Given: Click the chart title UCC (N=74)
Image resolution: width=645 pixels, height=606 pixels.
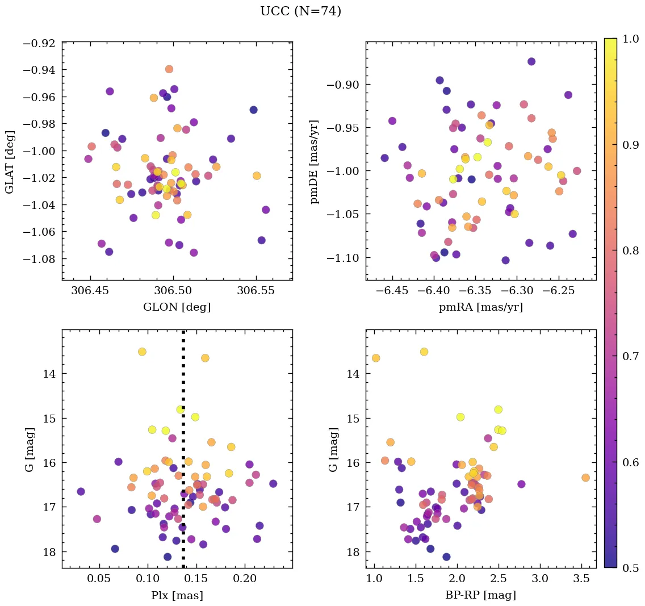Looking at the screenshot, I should coord(300,11).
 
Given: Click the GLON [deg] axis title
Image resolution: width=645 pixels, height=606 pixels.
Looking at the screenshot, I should coord(177,307).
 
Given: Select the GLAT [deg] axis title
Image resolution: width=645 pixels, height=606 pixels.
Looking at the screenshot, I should coord(10,162).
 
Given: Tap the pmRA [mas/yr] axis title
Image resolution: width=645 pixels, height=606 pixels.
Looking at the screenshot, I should coord(481,307).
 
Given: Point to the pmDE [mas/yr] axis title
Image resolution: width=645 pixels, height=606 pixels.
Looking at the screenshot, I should coord(314,162).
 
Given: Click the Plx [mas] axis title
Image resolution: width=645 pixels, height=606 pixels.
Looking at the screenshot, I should coord(177,595).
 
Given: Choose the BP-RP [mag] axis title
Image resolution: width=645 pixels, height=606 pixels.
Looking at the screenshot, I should coord(481,595).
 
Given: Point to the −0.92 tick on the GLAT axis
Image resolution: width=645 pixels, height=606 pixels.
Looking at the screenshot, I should coord(39,43).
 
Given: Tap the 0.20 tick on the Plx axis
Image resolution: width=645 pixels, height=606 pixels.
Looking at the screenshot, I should coord(245,579).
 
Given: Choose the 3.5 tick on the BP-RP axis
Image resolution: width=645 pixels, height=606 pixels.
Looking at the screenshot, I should coord(581,579).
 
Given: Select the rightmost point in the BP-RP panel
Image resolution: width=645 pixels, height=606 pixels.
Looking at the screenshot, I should coord(585,478).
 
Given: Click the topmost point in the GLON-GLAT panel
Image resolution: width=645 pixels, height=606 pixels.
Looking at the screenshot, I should coord(169,69).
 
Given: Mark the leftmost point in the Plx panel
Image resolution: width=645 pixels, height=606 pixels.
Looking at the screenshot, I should coord(81,491).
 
